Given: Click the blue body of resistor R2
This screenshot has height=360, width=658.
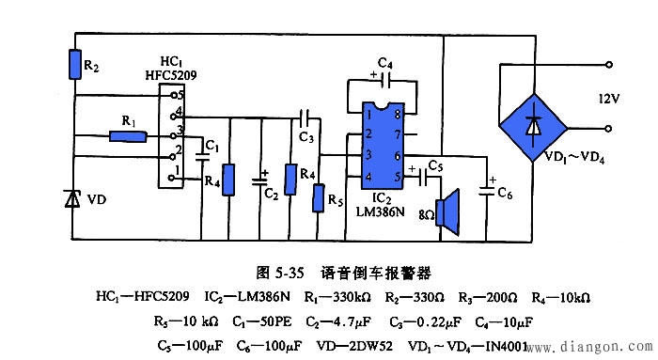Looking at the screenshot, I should [74, 65].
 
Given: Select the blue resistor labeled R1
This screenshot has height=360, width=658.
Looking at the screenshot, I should [128, 136].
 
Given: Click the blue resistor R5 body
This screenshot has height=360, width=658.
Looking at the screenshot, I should [321, 199].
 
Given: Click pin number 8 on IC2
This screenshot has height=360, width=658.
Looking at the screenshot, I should [399, 115].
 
